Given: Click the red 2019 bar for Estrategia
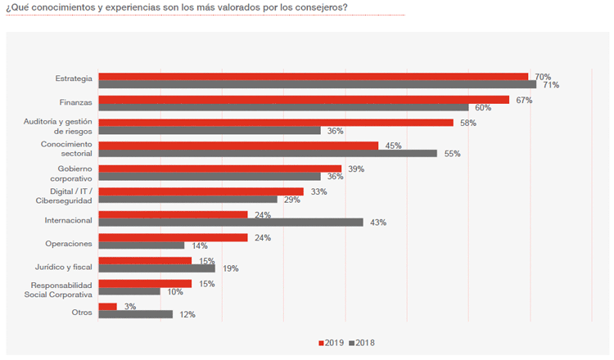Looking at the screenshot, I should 313,77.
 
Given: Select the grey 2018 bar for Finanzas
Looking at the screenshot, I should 283,107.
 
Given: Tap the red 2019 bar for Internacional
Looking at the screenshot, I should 173,214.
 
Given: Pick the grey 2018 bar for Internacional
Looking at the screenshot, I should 230,222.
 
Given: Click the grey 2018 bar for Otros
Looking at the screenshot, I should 135,313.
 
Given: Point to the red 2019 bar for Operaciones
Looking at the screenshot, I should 173,237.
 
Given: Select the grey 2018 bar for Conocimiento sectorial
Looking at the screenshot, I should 268,153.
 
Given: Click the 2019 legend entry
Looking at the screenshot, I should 329,342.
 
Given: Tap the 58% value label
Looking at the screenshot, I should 468,123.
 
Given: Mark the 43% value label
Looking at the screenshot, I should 377,223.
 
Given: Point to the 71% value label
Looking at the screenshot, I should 551,85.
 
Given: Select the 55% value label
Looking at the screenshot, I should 452,154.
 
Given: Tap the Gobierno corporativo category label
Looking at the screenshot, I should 70,173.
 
